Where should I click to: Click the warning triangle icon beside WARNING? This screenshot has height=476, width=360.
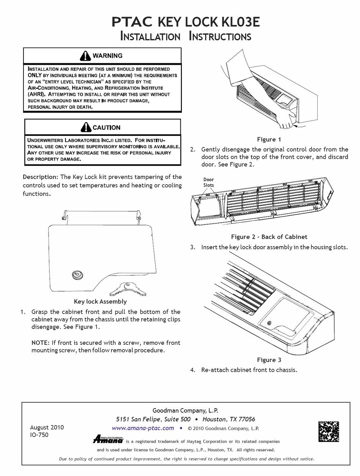[85, 56]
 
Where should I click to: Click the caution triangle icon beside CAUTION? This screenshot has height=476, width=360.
[86, 127]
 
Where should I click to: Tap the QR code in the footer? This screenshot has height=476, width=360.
[329, 431]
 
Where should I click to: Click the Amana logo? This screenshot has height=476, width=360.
[108, 439]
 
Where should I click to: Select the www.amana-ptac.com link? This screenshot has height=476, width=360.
[143, 428]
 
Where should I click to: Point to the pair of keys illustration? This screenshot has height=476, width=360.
[128, 289]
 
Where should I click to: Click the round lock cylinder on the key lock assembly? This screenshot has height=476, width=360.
[78, 275]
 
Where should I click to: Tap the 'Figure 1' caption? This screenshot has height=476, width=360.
[269, 139]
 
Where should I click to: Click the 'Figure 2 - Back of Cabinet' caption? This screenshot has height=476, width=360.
[269, 237]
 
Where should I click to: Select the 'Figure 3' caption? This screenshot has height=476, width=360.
[269, 360]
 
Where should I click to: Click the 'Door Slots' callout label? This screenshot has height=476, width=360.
[208, 182]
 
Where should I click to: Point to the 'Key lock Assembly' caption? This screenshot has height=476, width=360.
[100, 302]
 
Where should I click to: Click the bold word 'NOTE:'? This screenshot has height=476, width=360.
[41, 342]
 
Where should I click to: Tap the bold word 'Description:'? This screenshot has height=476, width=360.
[41, 177]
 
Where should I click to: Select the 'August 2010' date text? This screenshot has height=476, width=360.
[47, 427]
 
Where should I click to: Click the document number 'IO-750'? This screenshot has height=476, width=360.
[39, 435]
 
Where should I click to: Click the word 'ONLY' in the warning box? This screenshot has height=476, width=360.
[34, 75]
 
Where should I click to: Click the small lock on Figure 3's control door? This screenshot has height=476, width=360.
[269, 323]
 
